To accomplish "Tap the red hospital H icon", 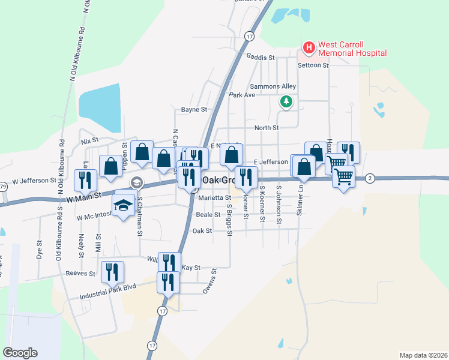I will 309,47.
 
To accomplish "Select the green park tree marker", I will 287,101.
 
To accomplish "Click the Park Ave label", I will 242,95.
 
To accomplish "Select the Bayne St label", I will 194,110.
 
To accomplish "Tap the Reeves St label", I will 80,274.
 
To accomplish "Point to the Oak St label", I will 202,230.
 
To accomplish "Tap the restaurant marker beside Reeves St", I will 112,272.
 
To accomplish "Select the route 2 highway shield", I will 370,178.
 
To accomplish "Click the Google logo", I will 20,353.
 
